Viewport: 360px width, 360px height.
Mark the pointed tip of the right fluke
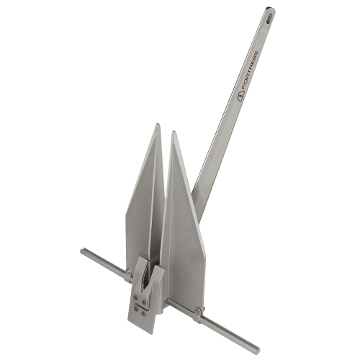point(173,132)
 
